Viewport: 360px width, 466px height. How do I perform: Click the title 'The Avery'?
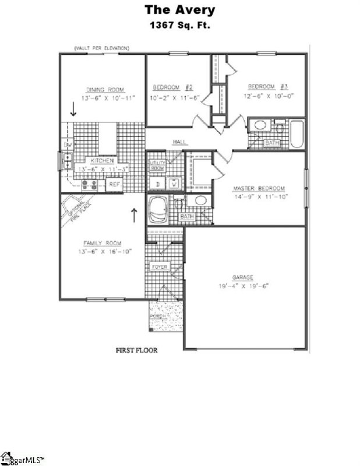click(x=179, y=10)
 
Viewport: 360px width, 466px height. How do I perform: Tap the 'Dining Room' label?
click(x=105, y=89)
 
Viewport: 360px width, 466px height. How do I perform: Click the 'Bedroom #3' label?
click(x=265, y=84)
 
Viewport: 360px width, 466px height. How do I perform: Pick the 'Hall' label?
click(x=179, y=142)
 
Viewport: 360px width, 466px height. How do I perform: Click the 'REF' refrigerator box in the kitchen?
click(x=114, y=185)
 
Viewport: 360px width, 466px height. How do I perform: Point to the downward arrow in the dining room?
click(x=73, y=109)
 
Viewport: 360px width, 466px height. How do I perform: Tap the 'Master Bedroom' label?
click(x=259, y=189)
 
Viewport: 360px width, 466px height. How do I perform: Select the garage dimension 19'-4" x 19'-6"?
click(x=245, y=286)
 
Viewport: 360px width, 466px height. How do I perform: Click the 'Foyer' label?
click(x=159, y=267)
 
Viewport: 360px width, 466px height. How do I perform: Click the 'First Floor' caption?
click(x=138, y=351)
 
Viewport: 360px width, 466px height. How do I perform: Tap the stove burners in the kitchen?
click(x=90, y=185)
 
